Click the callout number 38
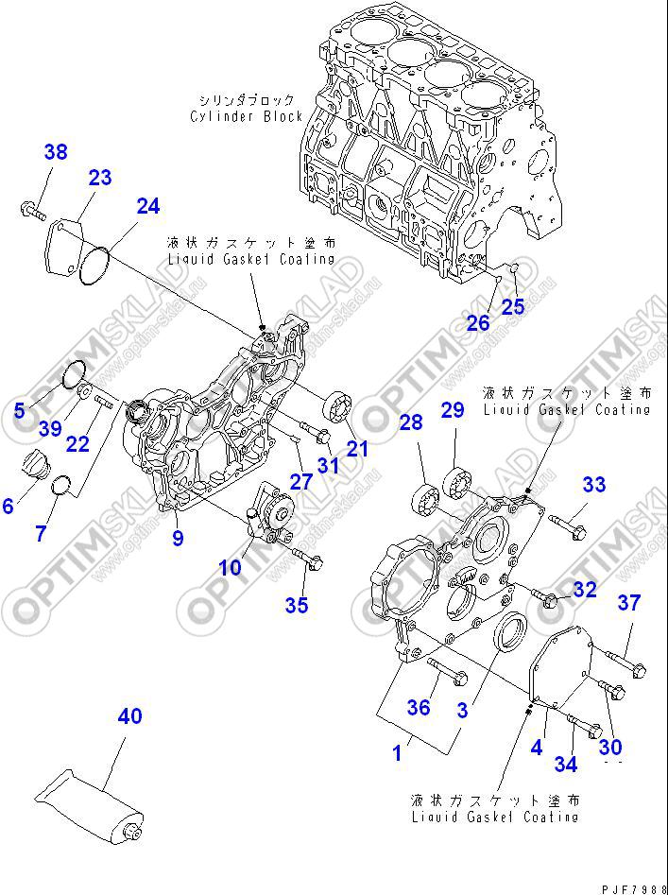pyautogui.click(x=56, y=152)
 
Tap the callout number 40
pyautogui.click(x=129, y=716)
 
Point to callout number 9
pyautogui.click(x=178, y=540)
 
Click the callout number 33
pyautogui.click(x=593, y=485)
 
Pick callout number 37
pyautogui.click(x=629, y=603)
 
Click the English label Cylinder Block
pyautogui.click(x=247, y=116)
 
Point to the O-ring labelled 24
pyautogui.click(x=95, y=264)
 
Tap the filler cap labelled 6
pyautogui.click(x=35, y=467)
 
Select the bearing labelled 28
pyautogui.click(x=426, y=497)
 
